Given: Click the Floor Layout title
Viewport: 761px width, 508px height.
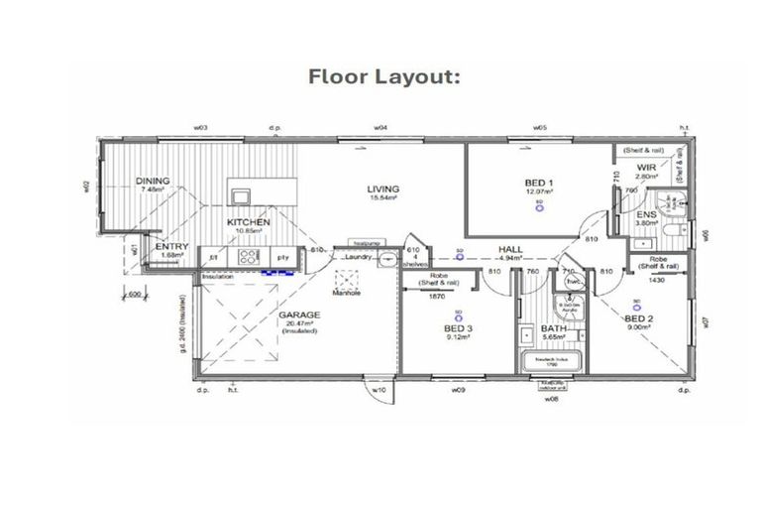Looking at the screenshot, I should tap(385, 76).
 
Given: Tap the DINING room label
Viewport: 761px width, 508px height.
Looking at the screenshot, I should tap(153, 182).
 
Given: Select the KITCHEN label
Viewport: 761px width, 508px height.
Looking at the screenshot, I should tap(249, 222).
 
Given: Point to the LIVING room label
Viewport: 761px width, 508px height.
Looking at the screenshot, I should tap(382, 189).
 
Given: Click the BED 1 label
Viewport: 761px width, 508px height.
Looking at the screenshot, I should tap(539, 183).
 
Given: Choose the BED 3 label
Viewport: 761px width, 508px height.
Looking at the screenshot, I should tap(457, 326).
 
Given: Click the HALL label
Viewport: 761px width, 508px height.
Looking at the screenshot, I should tap(511, 250).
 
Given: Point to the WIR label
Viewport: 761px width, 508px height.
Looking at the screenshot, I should tap(647, 168).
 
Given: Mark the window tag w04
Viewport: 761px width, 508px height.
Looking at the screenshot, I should tap(380, 128).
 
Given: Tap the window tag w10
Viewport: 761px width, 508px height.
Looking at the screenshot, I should tap(378, 391).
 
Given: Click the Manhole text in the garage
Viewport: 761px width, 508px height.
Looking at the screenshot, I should tap(346, 293).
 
